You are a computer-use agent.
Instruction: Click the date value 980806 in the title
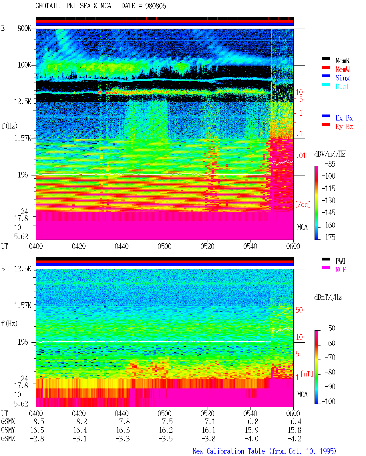[156, 6]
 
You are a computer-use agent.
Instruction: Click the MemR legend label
[343, 61]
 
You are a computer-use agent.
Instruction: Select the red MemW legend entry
[343, 69]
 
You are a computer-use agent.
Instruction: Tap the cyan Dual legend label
[342, 86]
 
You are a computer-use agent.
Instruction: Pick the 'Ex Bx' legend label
[344, 118]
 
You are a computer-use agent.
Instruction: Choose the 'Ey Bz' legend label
[344, 127]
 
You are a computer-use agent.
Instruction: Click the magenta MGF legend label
[341, 270]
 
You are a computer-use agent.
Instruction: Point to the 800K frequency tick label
[24, 28]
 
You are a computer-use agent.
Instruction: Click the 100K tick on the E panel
[24, 65]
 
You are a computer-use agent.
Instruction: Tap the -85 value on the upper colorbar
[330, 164]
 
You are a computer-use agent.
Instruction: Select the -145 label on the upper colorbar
[328, 212]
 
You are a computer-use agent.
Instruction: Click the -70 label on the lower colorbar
[330, 358]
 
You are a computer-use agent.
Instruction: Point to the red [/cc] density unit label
[303, 204]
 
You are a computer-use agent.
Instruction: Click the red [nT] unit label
[307, 374]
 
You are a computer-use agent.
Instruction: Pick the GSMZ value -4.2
[294, 439]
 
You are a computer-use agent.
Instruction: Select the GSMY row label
[8, 430]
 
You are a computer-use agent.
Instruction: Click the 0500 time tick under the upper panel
[164, 246]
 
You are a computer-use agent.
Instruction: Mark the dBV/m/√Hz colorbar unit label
[330, 154]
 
